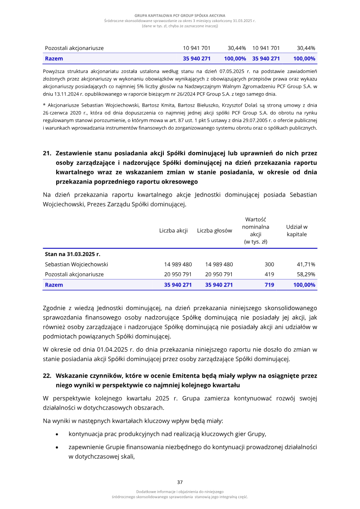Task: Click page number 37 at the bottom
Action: coord(180,482)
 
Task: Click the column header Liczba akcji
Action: coord(173,230)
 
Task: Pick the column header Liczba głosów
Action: coord(215,230)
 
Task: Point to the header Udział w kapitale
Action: coord(297,230)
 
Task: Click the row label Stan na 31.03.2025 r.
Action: coord(72,254)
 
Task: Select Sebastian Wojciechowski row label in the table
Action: coord(76,264)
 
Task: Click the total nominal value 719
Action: coord(269,284)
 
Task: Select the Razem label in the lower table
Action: coord(54,284)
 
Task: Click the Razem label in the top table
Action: coord(54,59)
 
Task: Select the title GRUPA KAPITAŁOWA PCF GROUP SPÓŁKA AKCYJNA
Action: coord(180,15)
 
